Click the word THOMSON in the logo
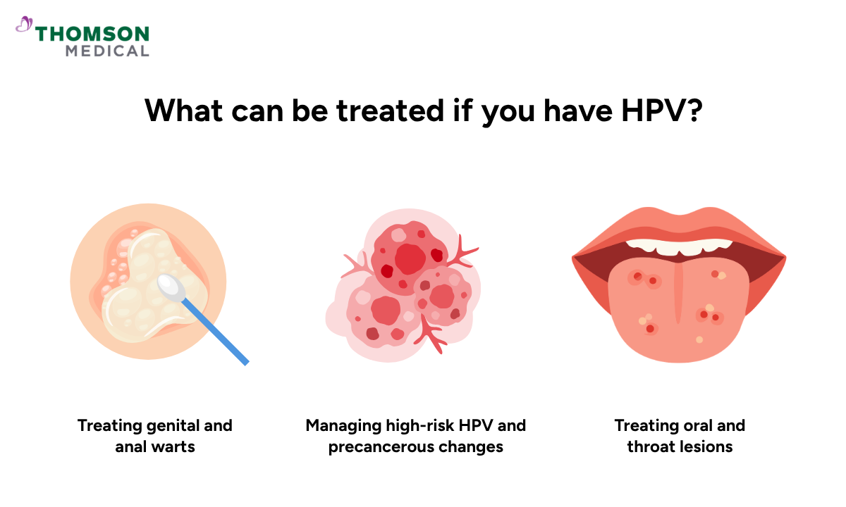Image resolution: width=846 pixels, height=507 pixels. coord(92,34)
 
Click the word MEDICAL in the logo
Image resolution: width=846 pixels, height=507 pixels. coord(107,51)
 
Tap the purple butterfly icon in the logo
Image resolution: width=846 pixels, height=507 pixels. coord(25,25)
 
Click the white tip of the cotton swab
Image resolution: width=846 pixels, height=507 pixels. coord(170,284)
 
